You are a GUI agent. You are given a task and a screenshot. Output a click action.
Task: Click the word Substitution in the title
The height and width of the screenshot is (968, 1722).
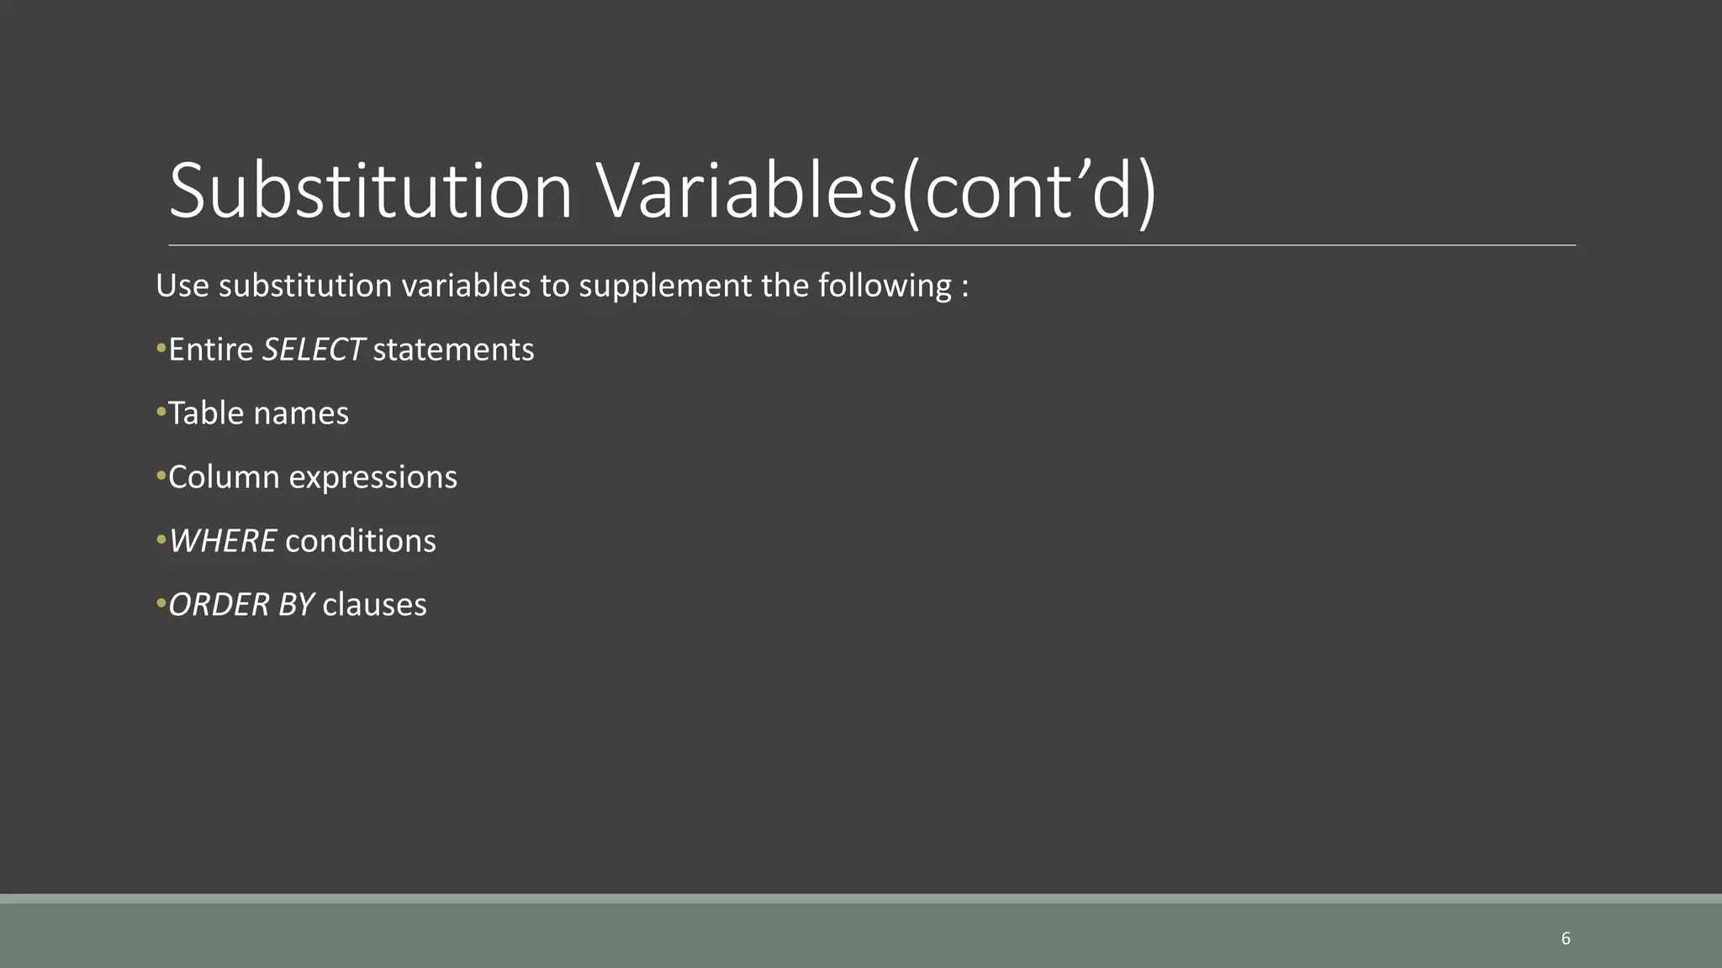point(371,192)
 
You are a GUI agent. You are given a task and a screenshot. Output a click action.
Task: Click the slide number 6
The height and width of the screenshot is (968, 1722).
point(1565,939)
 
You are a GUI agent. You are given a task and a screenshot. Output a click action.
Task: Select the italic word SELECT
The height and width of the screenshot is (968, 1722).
point(313,350)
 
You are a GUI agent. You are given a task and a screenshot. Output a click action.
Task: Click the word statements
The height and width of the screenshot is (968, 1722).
point(453,350)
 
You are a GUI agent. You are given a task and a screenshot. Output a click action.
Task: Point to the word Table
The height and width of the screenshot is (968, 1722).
point(205,413)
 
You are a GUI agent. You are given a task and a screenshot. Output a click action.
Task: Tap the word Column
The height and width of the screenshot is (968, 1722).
point(224,477)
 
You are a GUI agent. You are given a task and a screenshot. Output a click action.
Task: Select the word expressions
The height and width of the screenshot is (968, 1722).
point(372,477)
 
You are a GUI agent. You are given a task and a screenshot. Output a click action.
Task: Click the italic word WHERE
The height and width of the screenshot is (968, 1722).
point(223,541)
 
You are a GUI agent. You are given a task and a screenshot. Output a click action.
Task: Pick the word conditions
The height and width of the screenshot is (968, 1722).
point(361,541)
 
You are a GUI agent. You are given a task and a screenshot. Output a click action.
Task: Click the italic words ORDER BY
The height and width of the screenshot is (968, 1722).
point(241,605)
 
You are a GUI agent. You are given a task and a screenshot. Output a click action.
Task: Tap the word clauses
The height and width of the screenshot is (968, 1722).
point(374,605)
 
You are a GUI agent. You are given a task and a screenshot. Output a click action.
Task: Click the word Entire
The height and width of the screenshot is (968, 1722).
point(211,350)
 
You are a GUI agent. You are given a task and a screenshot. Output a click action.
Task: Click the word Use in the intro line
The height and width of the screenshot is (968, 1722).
point(182,286)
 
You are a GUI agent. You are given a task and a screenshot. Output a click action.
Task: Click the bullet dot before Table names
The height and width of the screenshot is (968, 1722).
point(161,412)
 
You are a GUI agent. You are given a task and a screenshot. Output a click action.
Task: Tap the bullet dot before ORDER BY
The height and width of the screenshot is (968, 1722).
point(161,603)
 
